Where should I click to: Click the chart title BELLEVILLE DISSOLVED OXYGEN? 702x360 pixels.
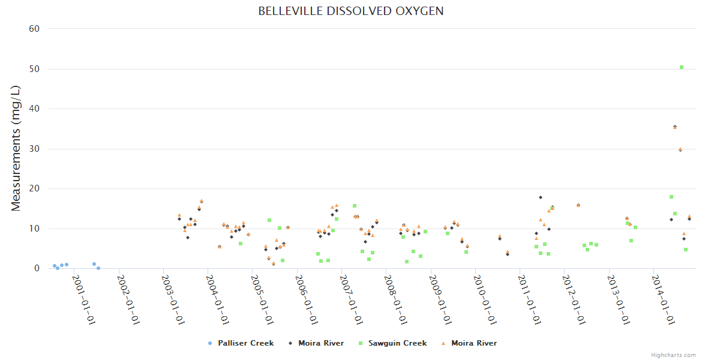pyautogui.click(x=351, y=11)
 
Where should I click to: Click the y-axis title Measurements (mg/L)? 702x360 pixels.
pyautogui.click(x=16, y=148)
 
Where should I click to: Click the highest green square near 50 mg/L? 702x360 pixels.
pyautogui.click(x=682, y=67)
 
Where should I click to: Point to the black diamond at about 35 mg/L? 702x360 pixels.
pyautogui.click(x=675, y=127)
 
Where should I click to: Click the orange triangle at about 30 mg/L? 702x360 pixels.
pyautogui.click(x=680, y=149)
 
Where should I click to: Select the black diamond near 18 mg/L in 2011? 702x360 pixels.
pyautogui.click(x=541, y=197)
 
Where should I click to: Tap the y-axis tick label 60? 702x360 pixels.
pyautogui.click(x=34, y=29)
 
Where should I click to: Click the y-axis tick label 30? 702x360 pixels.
pyautogui.click(x=34, y=149)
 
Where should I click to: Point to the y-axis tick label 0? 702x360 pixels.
pyautogui.click(x=37, y=269)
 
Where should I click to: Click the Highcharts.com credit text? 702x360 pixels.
pyautogui.click(x=673, y=355)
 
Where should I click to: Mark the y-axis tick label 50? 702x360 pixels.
pyautogui.click(x=34, y=69)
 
